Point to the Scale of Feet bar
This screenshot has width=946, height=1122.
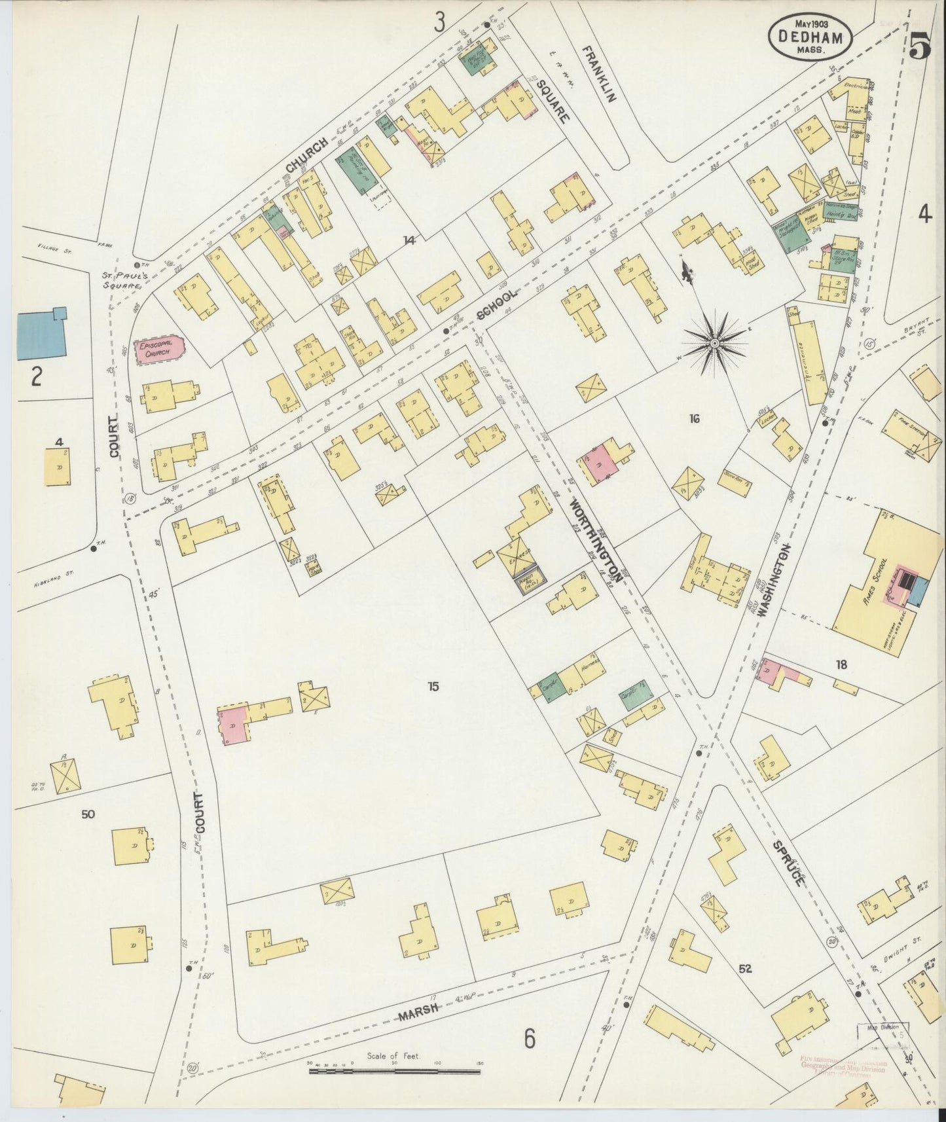click(x=395, y=1072)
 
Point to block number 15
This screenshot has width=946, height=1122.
click(x=432, y=687)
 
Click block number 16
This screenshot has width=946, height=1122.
click(x=694, y=418)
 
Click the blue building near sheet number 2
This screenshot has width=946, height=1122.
click(x=39, y=334)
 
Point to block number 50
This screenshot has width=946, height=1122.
click(x=88, y=814)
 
